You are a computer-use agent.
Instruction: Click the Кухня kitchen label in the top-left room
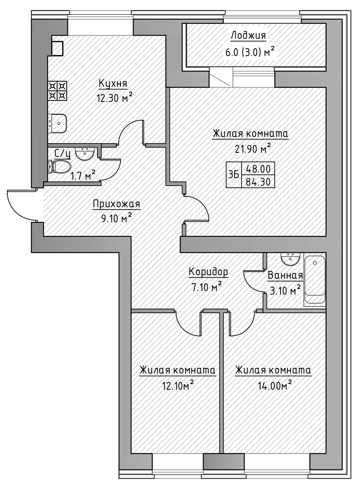[113, 84]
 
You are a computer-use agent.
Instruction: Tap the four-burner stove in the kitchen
[58, 91]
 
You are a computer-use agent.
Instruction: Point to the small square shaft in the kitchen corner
[57, 48]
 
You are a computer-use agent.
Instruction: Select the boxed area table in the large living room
[250, 175]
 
